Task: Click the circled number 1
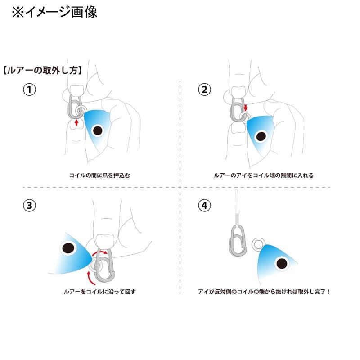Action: coord(29,90)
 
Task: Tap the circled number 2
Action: coord(204,90)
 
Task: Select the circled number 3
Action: coord(29,206)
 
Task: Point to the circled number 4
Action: coord(204,206)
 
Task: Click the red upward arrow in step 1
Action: coord(76,122)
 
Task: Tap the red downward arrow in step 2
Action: coord(246,108)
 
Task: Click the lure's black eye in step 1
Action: coord(98,130)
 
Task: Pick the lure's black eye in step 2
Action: coord(261,137)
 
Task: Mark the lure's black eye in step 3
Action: coord(68,248)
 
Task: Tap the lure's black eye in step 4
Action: coord(282,264)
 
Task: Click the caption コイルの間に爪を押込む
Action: coord(99,175)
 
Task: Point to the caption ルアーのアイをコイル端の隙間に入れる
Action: coord(264,175)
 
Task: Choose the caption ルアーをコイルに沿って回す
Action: coord(100,292)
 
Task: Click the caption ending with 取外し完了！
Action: coord(264,292)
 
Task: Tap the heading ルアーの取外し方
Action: coord(43,70)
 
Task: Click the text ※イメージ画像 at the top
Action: coord(54,12)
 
